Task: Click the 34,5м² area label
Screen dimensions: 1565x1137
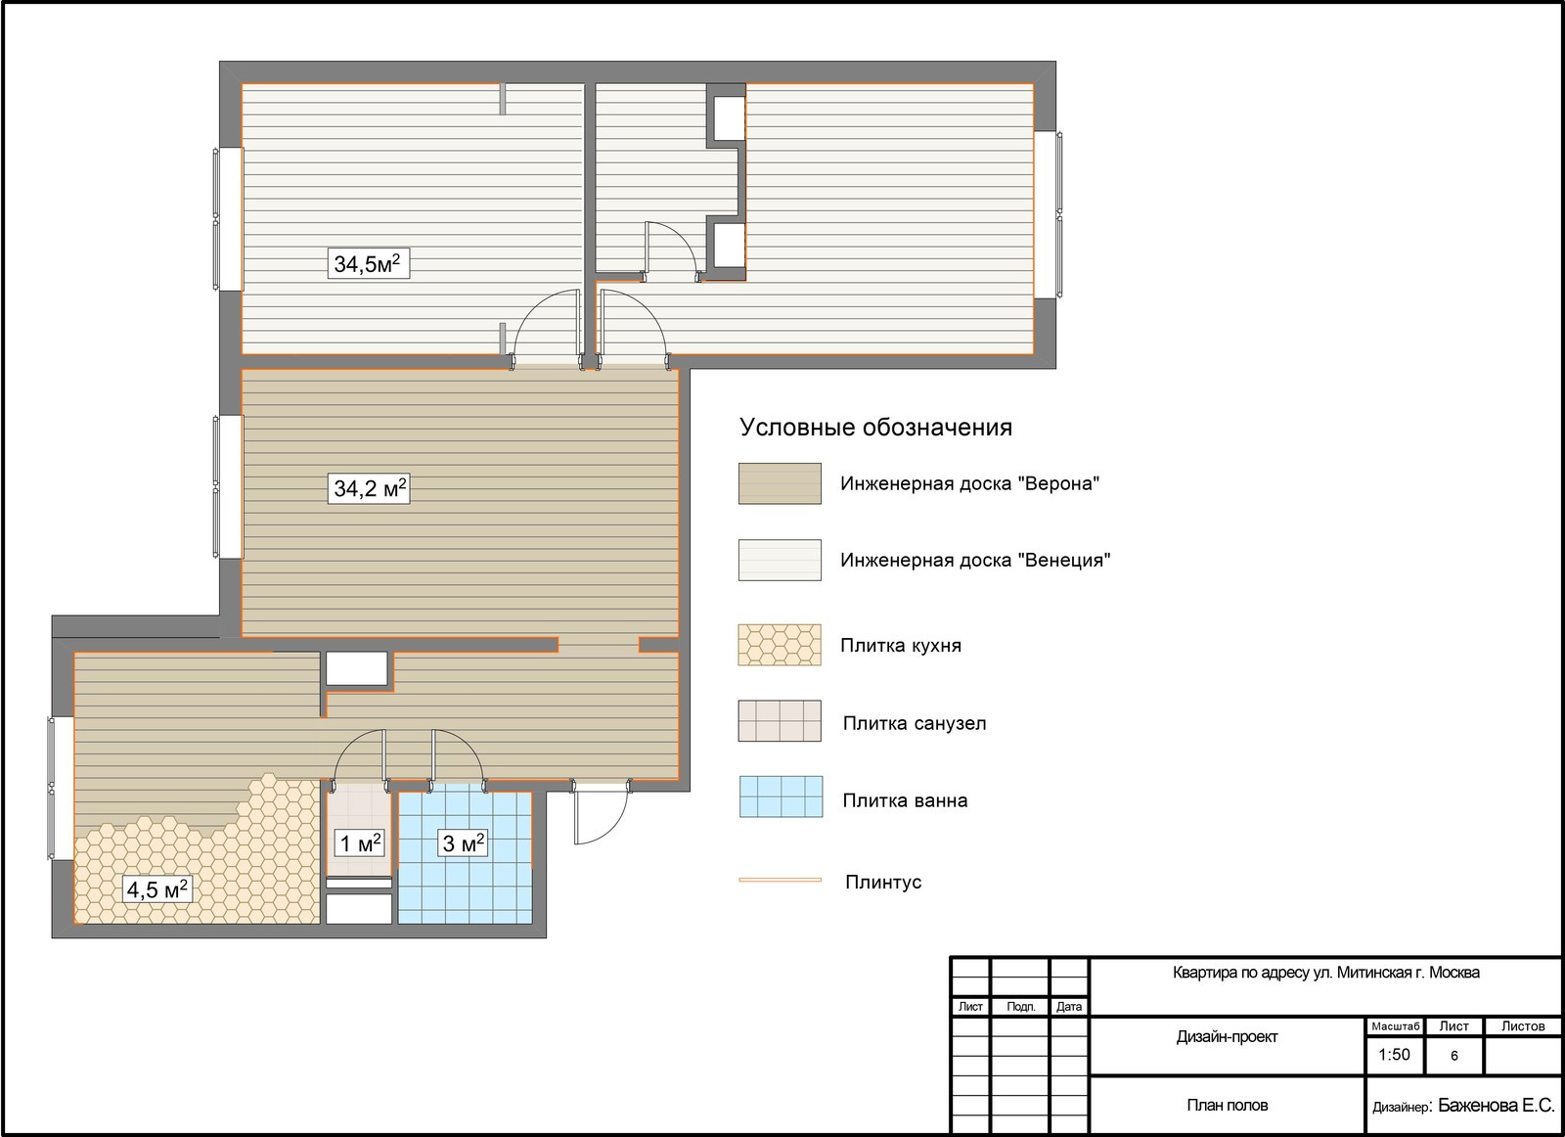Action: pyautogui.click(x=368, y=263)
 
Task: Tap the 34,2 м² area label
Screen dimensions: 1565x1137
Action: pyautogui.click(x=368, y=488)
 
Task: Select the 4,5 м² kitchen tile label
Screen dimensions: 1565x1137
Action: pyautogui.click(x=156, y=888)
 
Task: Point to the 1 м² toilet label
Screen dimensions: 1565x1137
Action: pyautogui.click(x=360, y=842)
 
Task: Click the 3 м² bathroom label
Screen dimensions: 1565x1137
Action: pyautogui.click(x=464, y=842)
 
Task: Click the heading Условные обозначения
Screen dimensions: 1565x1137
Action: pyautogui.click(x=875, y=427)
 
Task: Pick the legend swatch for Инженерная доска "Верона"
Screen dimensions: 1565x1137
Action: pyautogui.click(x=780, y=483)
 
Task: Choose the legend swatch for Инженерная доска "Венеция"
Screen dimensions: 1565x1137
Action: pyautogui.click(x=780, y=560)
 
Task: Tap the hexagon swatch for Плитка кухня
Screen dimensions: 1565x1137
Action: pyautogui.click(x=780, y=644)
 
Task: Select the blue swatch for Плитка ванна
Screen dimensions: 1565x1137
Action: pyautogui.click(x=782, y=796)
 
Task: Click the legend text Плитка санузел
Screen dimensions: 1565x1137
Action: pyautogui.click(x=915, y=723)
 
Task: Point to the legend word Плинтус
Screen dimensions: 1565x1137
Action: pyautogui.click(x=883, y=882)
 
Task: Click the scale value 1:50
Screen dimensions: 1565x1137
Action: pyautogui.click(x=1394, y=1055)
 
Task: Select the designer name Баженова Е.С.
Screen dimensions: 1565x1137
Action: pyautogui.click(x=1497, y=1105)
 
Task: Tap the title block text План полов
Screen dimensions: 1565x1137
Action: pyautogui.click(x=1227, y=1105)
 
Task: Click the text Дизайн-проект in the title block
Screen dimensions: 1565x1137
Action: pyautogui.click(x=1227, y=1036)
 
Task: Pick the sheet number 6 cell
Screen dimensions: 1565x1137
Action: pyautogui.click(x=1454, y=1055)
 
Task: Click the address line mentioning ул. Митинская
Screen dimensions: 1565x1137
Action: pyautogui.click(x=1326, y=972)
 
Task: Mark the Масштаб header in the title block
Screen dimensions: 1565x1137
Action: pyautogui.click(x=1395, y=1025)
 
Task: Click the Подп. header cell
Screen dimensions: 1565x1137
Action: pyautogui.click(x=1021, y=1006)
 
